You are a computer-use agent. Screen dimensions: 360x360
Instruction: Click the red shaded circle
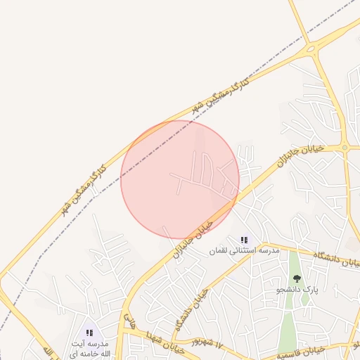(x=179, y=179)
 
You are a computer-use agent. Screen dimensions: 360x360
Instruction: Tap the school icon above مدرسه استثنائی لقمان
(x=244, y=240)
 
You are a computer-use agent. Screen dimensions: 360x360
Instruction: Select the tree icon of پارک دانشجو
(x=296, y=279)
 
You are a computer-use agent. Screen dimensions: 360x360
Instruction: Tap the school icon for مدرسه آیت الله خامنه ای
(x=89, y=333)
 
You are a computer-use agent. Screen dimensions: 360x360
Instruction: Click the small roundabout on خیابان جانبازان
(x=345, y=147)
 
